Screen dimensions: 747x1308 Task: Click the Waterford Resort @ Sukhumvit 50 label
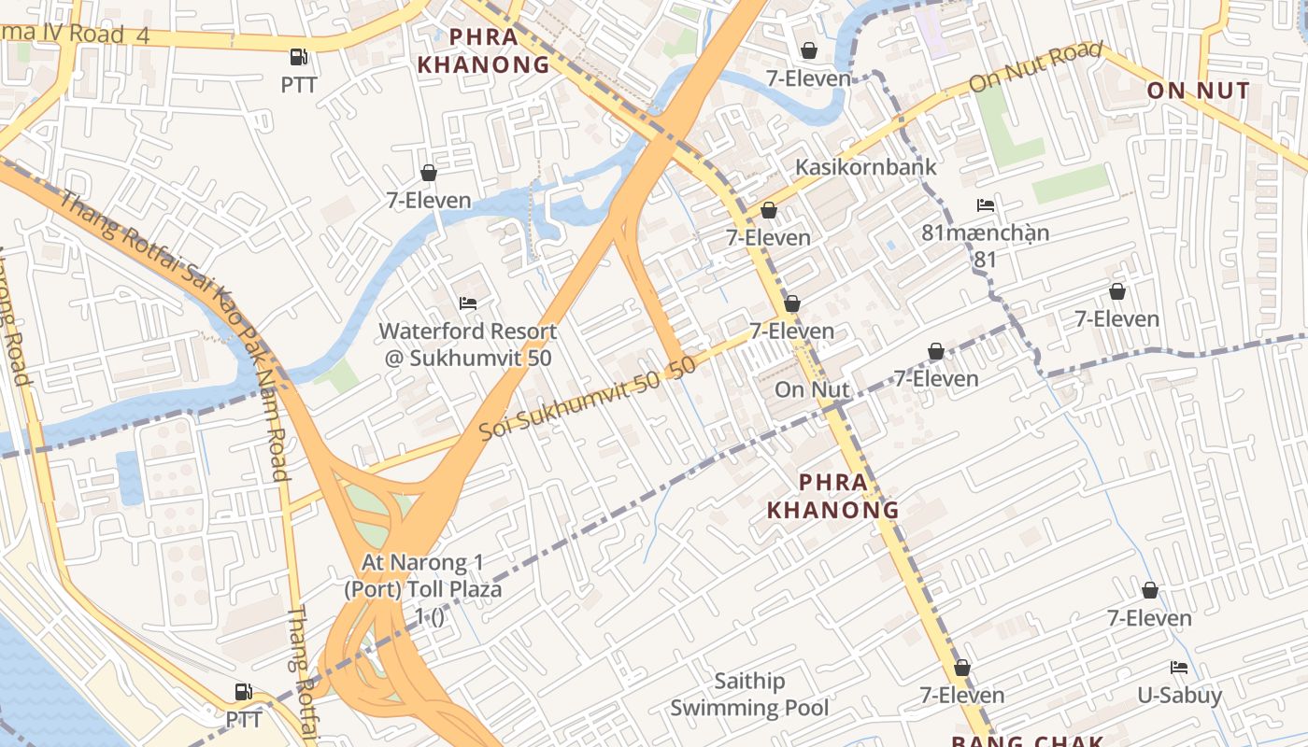coord(467,345)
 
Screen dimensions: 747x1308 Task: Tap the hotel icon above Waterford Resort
coord(468,303)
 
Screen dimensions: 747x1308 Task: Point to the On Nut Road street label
coord(1035,66)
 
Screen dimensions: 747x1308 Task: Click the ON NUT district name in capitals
coord(1198,91)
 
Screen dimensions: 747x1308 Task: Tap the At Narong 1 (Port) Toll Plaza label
coord(422,576)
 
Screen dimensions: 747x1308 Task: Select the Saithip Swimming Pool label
coord(749,695)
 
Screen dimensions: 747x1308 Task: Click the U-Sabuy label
coord(1179,696)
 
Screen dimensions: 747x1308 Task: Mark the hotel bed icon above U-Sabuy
coord(1179,668)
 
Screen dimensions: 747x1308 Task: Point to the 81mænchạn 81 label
coord(986,245)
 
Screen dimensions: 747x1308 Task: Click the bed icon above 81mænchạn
coord(986,205)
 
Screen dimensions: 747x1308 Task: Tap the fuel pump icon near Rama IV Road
coord(299,57)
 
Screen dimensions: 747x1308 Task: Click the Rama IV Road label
coord(75,35)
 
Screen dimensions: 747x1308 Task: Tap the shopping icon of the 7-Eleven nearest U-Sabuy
coord(1150,590)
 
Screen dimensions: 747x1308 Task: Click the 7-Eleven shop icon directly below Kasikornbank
coord(769,210)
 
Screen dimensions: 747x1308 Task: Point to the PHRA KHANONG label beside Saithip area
coord(832,496)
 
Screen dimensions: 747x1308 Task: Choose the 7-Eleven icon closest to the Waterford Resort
coord(429,173)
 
